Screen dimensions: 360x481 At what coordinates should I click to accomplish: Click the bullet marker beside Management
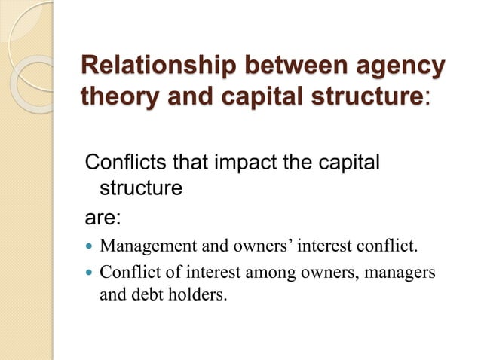point(89,246)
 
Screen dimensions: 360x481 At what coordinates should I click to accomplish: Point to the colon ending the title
point(427,99)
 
